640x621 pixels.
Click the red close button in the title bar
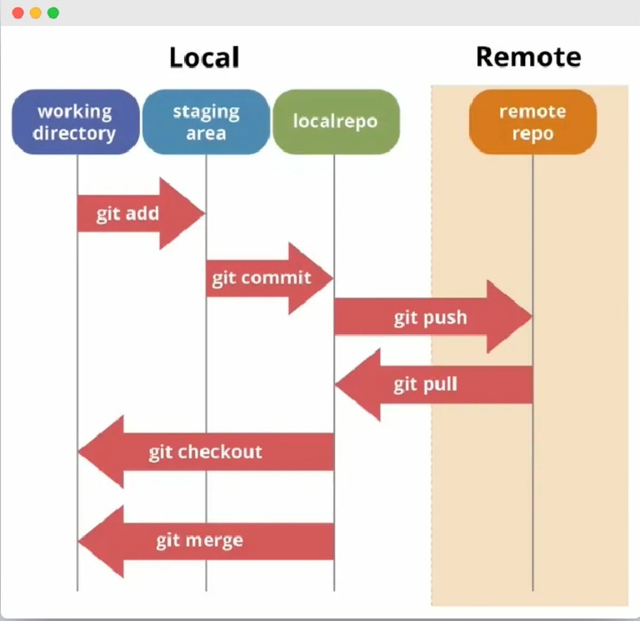point(17,13)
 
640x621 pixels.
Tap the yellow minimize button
point(35,13)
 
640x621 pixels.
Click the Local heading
point(204,58)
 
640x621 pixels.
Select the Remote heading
point(528,57)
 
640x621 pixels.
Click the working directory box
point(75,122)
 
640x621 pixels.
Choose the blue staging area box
point(206,122)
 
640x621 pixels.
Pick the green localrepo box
point(336,122)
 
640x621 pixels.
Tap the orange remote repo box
point(532,122)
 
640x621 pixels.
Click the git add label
point(127,213)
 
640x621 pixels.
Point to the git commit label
point(261,278)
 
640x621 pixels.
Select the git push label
point(430,318)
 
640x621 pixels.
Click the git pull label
point(425,384)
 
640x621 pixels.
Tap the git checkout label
point(205,452)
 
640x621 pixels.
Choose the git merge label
point(199,540)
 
